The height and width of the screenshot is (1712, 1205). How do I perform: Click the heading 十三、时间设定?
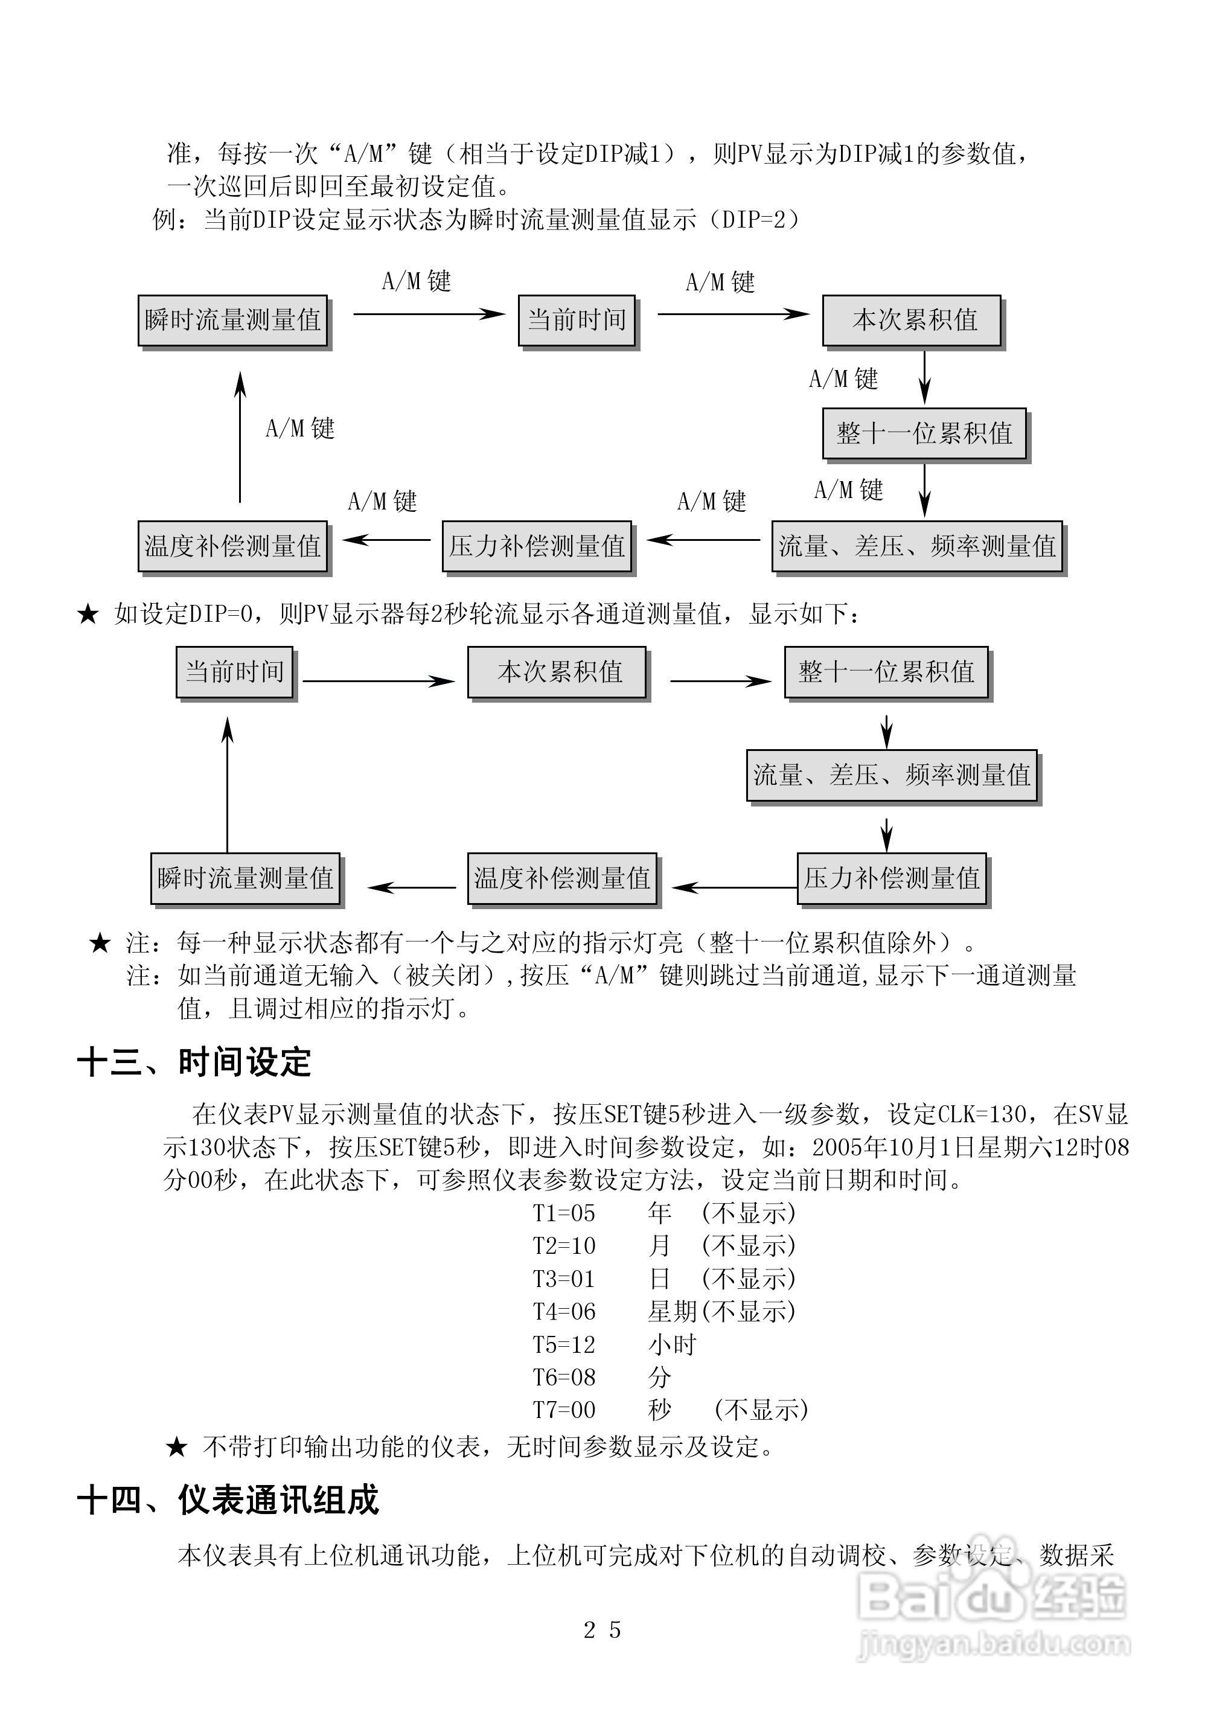(194, 1062)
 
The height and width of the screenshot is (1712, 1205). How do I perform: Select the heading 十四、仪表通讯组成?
(228, 1500)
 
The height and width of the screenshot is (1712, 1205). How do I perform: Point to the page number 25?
(602, 1630)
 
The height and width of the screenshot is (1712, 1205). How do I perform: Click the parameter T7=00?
(564, 1410)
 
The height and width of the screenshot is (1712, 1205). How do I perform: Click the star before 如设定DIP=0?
(88, 615)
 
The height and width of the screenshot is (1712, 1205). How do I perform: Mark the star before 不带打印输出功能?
(177, 1448)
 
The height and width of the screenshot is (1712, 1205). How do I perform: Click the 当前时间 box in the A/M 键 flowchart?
(577, 321)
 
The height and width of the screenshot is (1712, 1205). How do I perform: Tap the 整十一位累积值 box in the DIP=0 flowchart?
(886, 672)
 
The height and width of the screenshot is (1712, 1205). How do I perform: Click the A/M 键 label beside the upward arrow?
(300, 429)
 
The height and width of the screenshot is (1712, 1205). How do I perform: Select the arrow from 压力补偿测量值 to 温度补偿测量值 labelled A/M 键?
(386, 540)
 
